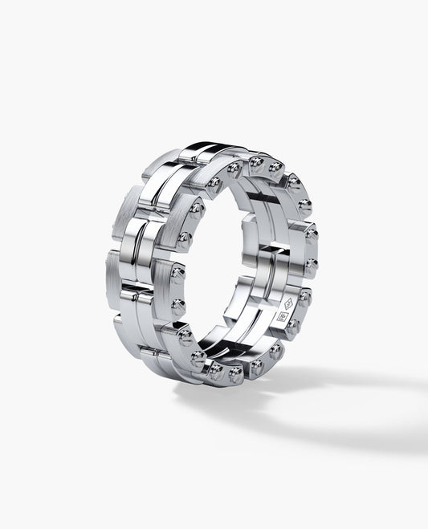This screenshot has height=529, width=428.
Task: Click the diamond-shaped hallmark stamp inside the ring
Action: (x=290, y=303)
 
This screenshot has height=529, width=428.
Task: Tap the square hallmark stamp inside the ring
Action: (x=282, y=316)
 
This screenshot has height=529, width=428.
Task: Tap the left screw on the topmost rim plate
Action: (x=256, y=162)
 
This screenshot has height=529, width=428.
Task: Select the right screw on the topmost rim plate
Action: (x=275, y=168)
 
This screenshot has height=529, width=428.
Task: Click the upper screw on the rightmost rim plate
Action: (x=311, y=234)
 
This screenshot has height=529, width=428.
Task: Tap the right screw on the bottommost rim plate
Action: (x=234, y=372)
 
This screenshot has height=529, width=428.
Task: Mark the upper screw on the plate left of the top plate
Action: (x=234, y=169)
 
